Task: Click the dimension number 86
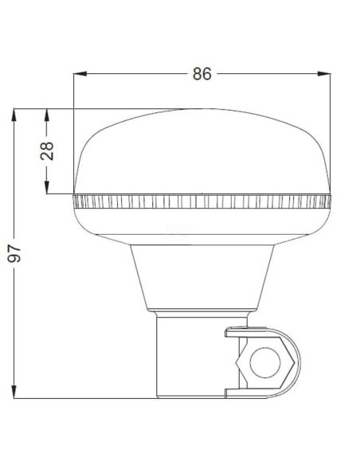(x=201, y=74)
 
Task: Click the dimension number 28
(x=48, y=151)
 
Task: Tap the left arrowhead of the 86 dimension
(x=77, y=74)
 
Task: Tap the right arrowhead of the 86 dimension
(x=326, y=74)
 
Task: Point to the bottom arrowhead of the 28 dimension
(x=48, y=189)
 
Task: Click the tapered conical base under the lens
(x=202, y=275)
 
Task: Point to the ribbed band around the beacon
(x=202, y=201)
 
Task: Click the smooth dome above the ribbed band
(x=202, y=151)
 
